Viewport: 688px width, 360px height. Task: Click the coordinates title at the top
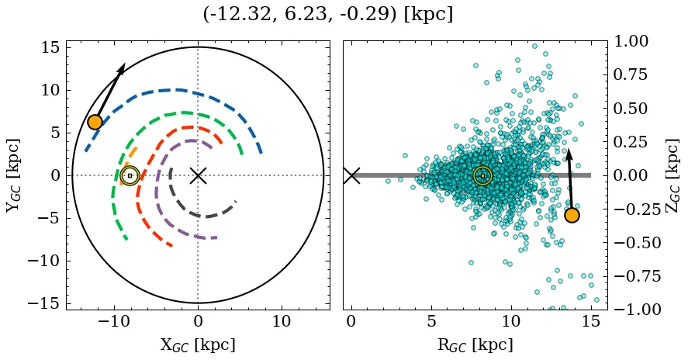(x=327, y=14)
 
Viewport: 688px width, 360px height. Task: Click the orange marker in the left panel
(x=95, y=122)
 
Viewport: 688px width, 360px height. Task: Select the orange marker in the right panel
(x=572, y=215)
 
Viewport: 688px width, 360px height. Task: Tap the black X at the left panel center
(x=198, y=175)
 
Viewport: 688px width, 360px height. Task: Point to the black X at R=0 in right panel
(x=351, y=175)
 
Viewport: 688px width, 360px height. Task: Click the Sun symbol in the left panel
(x=130, y=175)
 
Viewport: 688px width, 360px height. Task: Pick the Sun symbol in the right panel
(x=482, y=175)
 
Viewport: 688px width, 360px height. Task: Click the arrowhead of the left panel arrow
(x=122, y=68)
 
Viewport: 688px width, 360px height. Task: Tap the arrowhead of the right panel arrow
(x=568, y=154)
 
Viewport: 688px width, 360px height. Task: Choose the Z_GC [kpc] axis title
(x=672, y=175)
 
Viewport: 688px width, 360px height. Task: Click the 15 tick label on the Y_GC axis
(x=50, y=47)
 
